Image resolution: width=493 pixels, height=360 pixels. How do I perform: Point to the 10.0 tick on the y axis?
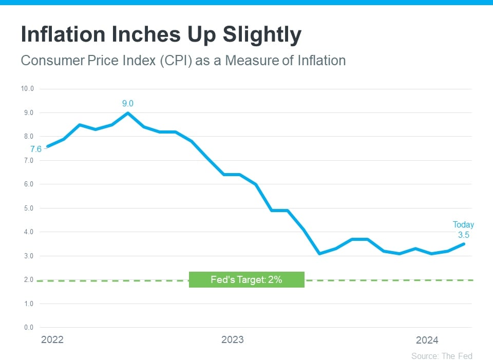coord(27,89)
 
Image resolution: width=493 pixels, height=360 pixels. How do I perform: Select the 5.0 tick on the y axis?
coord(29,208)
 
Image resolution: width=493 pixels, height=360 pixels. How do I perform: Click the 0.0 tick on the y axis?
coord(29,328)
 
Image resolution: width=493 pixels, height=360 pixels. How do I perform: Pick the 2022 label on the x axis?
coord(52,340)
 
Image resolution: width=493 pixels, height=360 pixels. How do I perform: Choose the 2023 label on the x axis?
coord(232,340)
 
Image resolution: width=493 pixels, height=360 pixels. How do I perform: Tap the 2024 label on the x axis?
coord(427,340)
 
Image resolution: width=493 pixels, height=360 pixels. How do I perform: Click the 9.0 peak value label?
coord(128,104)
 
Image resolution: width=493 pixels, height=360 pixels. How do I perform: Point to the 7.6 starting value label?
coord(35,149)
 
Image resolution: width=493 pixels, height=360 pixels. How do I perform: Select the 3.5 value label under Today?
coord(463,235)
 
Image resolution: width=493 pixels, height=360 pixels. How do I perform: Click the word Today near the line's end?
coord(463,225)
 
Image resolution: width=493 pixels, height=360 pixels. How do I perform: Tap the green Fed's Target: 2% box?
coord(246,280)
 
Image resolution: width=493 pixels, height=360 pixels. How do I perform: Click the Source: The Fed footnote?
coord(442,356)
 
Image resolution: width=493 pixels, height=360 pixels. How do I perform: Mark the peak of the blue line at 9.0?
coord(128,113)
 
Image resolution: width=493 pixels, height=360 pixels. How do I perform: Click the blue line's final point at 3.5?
coord(464,244)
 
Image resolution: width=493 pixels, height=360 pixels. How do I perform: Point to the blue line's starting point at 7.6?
coord(48,146)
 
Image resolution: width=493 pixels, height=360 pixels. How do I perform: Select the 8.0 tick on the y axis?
coord(29,137)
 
